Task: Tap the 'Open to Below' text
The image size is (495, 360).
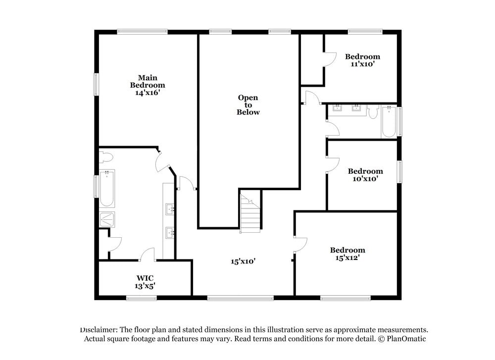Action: tap(248, 105)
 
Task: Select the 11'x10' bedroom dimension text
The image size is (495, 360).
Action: tap(363, 64)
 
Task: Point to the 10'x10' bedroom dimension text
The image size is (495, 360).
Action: tap(365, 179)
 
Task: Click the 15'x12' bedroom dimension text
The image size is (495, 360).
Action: tap(347, 257)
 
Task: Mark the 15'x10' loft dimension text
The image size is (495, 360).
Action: tap(243, 261)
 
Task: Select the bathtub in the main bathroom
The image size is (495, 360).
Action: tap(106, 188)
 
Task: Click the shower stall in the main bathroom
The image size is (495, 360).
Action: tap(106, 219)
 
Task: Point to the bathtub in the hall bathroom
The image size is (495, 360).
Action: tap(389, 122)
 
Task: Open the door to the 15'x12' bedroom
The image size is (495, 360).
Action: tap(300, 245)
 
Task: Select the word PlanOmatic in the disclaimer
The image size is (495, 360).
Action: tap(406, 339)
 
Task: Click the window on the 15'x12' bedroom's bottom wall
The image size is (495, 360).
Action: tap(345, 298)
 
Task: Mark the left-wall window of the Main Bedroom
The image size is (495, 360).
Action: tap(97, 85)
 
